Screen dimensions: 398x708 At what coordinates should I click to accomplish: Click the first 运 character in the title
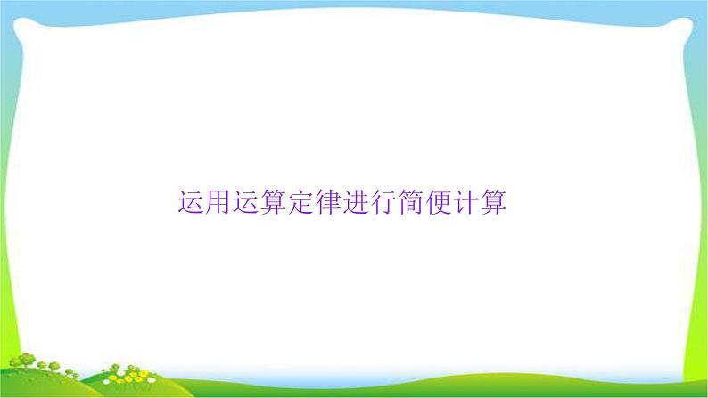tap(192, 203)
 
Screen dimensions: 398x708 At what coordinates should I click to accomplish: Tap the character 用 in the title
tap(219, 203)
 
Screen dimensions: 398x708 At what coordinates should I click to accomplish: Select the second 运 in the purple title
tap(247, 203)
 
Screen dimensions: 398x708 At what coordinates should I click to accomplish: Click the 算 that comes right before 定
tap(275, 203)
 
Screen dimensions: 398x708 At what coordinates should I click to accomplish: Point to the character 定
tap(302, 203)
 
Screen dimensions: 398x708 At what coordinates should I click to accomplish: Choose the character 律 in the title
tap(330, 203)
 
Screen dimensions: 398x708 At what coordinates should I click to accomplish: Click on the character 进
tap(358, 203)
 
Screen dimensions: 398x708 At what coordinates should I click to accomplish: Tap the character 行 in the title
tap(385, 203)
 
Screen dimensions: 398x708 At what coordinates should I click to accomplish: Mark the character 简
tap(413, 203)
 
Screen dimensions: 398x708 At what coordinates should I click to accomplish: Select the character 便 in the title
tap(440, 203)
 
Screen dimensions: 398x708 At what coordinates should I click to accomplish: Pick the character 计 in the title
tap(468, 203)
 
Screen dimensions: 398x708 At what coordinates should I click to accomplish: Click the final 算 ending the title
tap(496, 203)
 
